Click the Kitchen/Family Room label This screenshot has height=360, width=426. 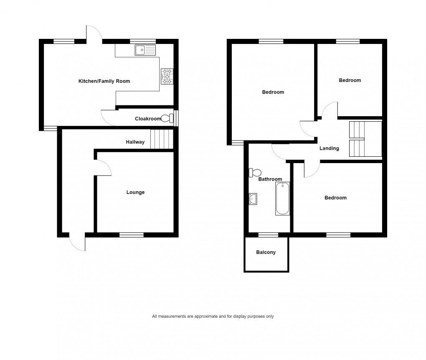point(104,81)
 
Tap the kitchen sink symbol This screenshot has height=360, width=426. point(145,51)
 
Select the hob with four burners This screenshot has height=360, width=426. point(167,77)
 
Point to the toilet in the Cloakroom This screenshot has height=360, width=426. point(167,119)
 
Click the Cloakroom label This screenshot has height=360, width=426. point(147,119)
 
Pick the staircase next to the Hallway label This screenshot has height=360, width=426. point(161,139)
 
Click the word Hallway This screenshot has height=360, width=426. point(135,142)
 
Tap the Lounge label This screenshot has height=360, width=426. point(135,192)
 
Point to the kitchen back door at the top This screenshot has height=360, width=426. point(94,33)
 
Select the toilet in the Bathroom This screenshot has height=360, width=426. point(255,172)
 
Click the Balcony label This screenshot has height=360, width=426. point(266,253)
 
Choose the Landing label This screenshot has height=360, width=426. point(329,148)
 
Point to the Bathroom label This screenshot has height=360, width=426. point(270,179)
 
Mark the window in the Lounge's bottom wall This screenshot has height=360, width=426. point(132,235)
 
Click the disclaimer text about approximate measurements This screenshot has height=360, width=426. point(213,317)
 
